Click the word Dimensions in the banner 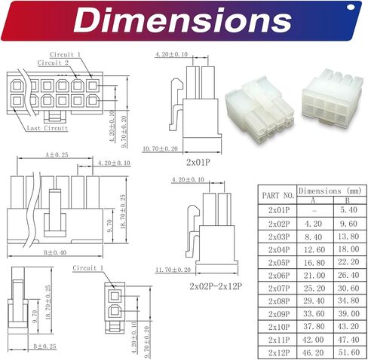pyautogui.click(x=182, y=20)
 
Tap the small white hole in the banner pyautogui.click(x=351, y=8)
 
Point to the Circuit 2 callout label pyautogui.click(x=53, y=63)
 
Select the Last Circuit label pyautogui.click(x=48, y=128)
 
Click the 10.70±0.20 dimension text pyautogui.click(x=160, y=148)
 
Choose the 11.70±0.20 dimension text pyautogui.click(x=173, y=270)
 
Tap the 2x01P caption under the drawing pyautogui.click(x=198, y=163)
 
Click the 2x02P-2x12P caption pyautogui.click(x=216, y=286)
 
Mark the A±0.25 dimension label pyautogui.click(x=57, y=154)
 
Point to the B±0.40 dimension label pyautogui.click(x=55, y=252)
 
